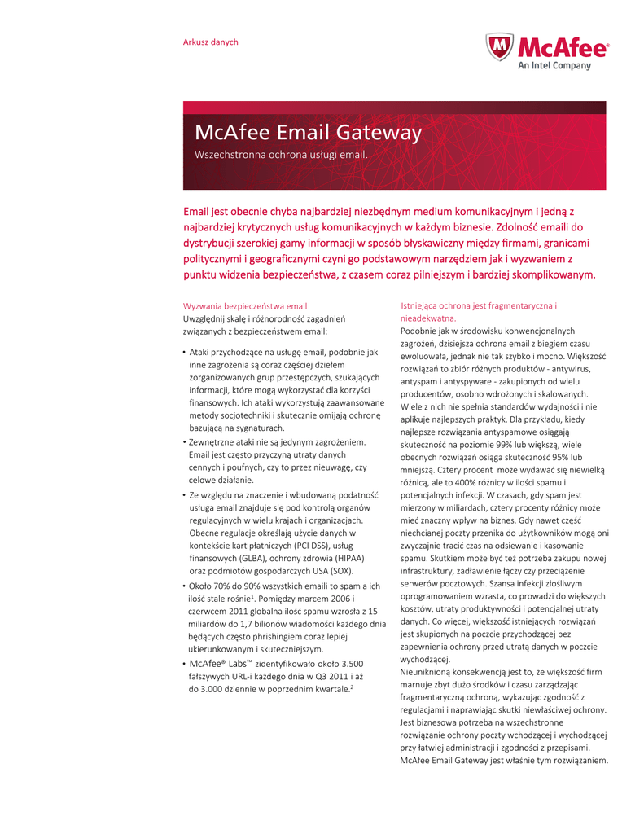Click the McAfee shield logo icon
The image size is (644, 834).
(x=499, y=47)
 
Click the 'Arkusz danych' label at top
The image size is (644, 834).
(x=210, y=42)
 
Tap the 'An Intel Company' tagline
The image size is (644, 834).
(x=554, y=66)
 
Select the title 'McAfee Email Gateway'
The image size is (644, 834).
(x=308, y=133)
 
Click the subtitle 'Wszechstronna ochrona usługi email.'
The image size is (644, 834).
(x=281, y=154)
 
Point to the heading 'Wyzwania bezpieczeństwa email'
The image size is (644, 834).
(x=244, y=305)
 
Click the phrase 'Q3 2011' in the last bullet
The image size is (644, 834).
(x=331, y=676)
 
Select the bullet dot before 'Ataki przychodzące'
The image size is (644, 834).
(x=184, y=352)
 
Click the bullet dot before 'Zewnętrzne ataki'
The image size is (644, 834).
(x=184, y=441)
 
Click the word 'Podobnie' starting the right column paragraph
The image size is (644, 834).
(x=418, y=331)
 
